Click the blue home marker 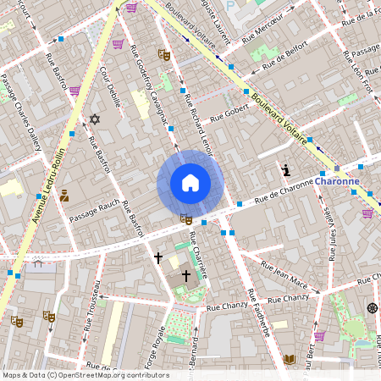(190, 182)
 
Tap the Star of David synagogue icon (94, 119)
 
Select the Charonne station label (337, 180)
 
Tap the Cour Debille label (109, 85)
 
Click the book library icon (289, 359)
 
